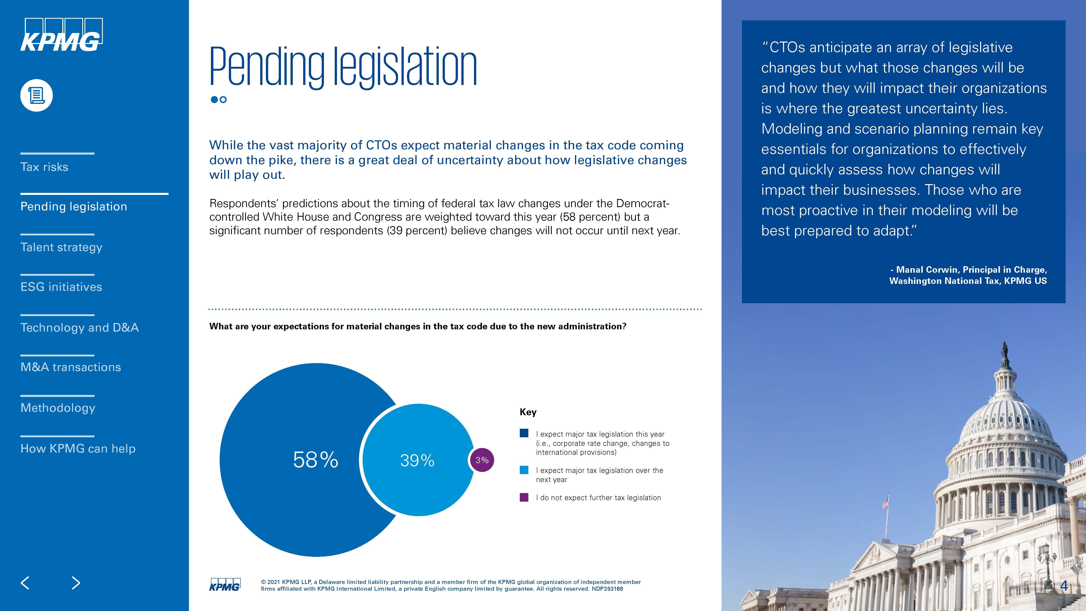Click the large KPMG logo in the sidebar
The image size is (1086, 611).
tap(61, 35)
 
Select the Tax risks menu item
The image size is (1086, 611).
tap(44, 167)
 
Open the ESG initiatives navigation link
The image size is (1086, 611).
tap(61, 287)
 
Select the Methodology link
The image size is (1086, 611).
tap(58, 408)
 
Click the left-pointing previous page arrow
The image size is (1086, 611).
tap(25, 583)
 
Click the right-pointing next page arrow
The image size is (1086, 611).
tap(76, 583)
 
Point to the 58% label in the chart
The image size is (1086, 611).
tap(315, 460)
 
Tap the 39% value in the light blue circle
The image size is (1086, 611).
tap(417, 460)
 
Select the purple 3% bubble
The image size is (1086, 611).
tap(482, 460)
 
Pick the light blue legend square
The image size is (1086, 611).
tap(524, 470)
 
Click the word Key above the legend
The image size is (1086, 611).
tap(528, 412)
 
